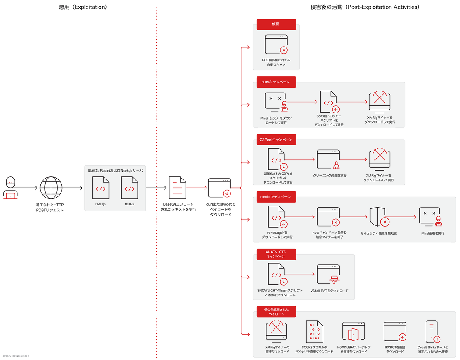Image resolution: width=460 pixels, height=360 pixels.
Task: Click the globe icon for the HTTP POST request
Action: pyautogui.click(x=51, y=188)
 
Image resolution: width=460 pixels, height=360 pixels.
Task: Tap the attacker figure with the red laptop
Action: pyautogui.click(x=10, y=188)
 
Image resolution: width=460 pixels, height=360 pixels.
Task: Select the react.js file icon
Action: pyautogui.click(x=100, y=188)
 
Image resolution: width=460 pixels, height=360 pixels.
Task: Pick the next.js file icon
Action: pyautogui.click(x=130, y=188)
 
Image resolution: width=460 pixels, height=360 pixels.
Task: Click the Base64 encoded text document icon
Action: pyautogui.click(x=178, y=188)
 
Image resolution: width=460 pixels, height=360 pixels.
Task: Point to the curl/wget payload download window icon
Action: pyautogui.click(x=220, y=188)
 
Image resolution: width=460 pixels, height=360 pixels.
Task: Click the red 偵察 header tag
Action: pyautogui.click(x=276, y=24)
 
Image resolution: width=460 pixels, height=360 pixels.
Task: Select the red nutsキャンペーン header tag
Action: pyautogui.click(x=276, y=82)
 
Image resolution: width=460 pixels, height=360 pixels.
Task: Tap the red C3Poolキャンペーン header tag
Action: pyautogui.click(x=276, y=140)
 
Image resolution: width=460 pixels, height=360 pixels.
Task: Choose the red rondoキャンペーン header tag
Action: pyautogui.click(x=276, y=196)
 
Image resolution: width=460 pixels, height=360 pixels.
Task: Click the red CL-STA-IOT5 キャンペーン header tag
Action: pyautogui.click(x=276, y=254)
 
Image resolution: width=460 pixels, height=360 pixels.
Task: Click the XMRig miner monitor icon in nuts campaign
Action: pyautogui.click(x=379, y=102)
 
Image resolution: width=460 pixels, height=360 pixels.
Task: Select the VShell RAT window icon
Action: pyautogui.click(x=328, y=274)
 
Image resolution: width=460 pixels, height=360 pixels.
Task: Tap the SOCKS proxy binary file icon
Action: pyautogui.click(x=315, y=331)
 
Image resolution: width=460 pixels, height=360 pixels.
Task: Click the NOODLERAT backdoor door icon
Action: pyautogui.click(x=353, y=331)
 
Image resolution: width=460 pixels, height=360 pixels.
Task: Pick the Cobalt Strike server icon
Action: pyautogui.click(x=433, y=331)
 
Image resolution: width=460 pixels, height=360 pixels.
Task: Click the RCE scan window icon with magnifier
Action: pyautogui.click(x=276, y=44)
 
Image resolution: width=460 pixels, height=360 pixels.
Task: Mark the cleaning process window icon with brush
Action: pyautogui.click(x=328, y=159)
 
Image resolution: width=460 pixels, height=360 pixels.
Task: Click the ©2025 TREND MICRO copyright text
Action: pyautogui.click(x=16, y=356)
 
